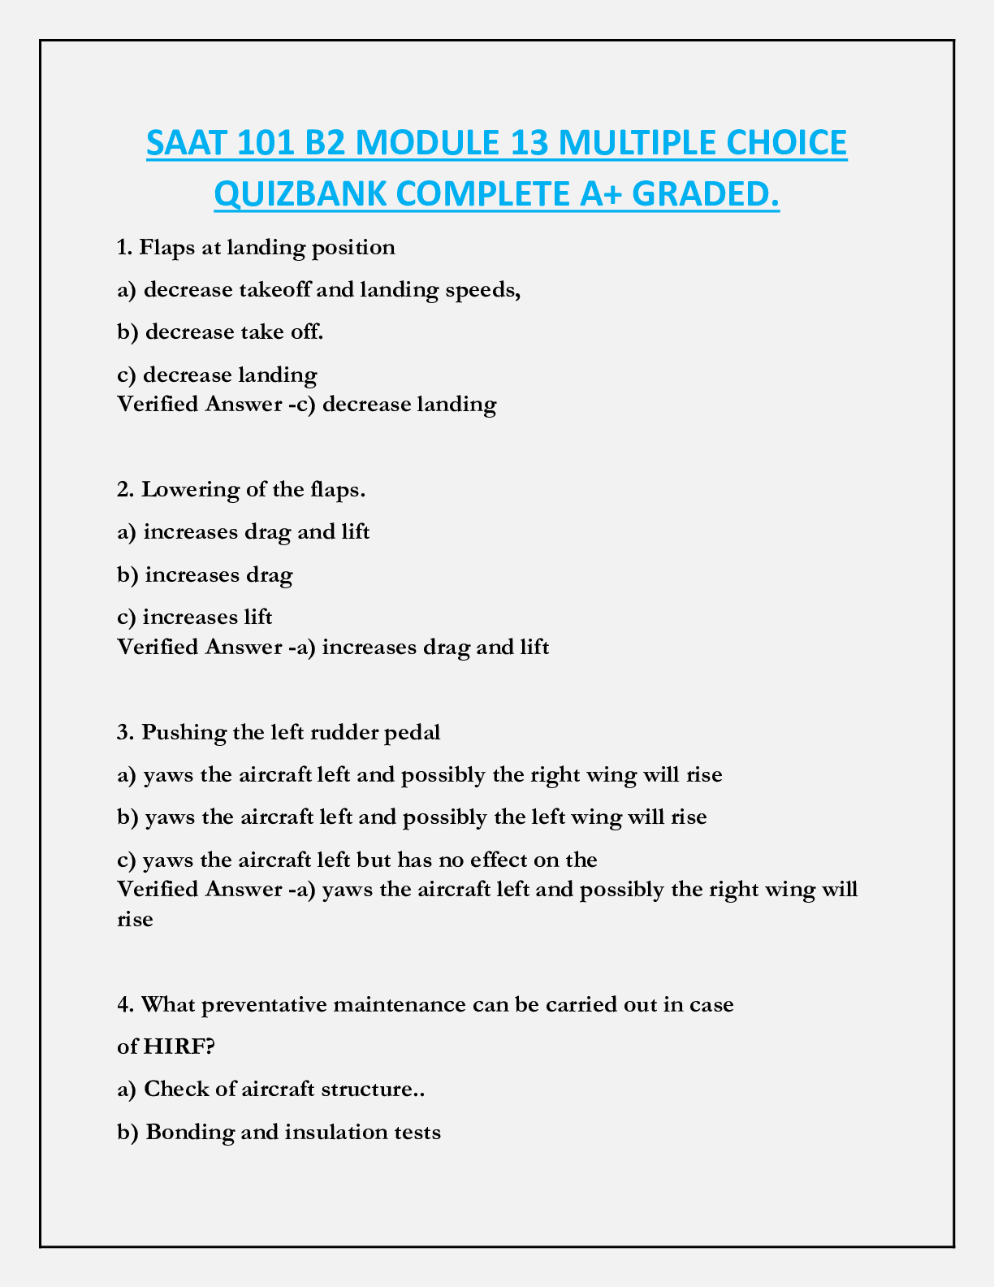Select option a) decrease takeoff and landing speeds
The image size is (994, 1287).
(318, 290)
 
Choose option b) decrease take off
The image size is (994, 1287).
(220, 332)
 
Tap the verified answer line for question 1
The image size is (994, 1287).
(306, 404)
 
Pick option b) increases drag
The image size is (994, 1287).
(205, 575)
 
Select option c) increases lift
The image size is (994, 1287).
(195, 617)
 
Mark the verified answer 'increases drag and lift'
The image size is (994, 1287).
(333, 648)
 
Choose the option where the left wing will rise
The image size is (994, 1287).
(412, 817)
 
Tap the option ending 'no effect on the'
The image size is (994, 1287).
(357, 860)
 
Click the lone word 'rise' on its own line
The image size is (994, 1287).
(135, 920)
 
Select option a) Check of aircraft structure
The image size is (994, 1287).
(272, 1090)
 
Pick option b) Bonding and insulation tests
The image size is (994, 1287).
(279, 1132)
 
